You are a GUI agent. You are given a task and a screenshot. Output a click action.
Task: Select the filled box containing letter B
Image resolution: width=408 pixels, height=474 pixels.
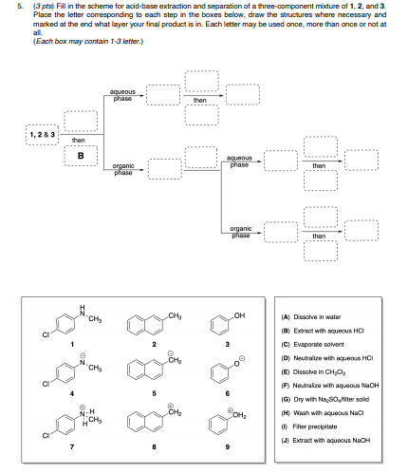coord(81,156)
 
